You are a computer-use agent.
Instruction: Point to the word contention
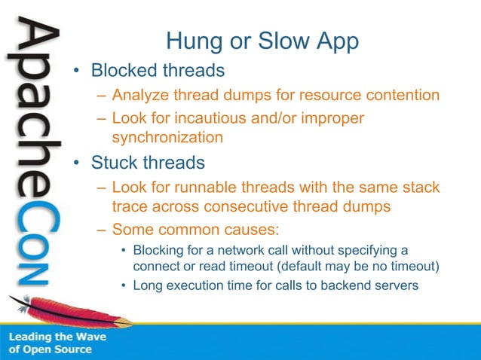click(400, 96)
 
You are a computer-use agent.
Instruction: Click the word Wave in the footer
click(90, 337)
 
